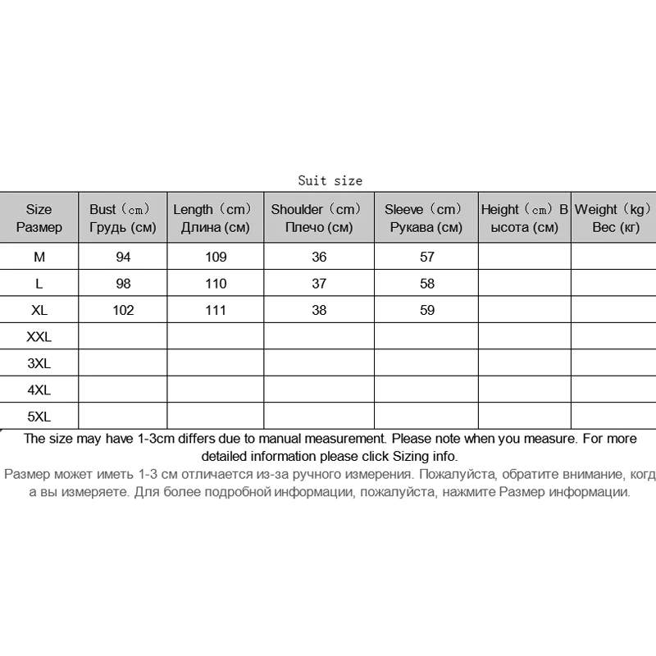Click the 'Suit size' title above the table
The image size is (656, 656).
point(330,180)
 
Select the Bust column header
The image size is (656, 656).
point(122,218)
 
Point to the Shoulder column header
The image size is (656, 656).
point(318,218)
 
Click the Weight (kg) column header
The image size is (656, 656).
point(614,218)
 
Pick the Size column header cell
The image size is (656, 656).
point(39,218)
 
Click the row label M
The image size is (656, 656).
point(39,257)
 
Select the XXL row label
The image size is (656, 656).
point(39,336)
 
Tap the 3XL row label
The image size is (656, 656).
point(39,362)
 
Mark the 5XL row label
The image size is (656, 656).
point(39,415)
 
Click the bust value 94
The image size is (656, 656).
point(123,257)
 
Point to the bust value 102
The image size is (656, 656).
point(123,310)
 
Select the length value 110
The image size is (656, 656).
point(216,284)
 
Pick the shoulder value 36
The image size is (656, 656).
point(319,257)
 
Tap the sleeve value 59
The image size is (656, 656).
point(426,310)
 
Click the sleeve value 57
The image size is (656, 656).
point(426,257)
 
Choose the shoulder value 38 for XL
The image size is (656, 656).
point(319,310)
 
